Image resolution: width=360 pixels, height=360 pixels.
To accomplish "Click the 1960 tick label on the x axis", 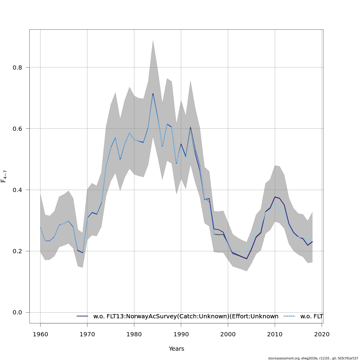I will coord(40,334).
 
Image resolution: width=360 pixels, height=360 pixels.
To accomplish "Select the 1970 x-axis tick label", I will coord(87,334).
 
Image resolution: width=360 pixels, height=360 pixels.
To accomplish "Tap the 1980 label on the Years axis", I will coord(134,334).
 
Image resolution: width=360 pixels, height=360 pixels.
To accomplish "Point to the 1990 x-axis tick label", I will coord(181,334).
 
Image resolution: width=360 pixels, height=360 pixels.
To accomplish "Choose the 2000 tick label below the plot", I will coord(228,334).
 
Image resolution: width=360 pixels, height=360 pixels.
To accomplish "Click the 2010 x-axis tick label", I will coord(275,334).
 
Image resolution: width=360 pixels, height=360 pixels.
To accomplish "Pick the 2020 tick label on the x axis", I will coord(322,334).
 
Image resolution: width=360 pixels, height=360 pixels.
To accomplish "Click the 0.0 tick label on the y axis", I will coord(17,312).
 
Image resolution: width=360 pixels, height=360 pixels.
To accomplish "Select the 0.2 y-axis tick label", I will coord(17,251).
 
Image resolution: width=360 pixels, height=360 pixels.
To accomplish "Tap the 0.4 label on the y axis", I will coord(17,190).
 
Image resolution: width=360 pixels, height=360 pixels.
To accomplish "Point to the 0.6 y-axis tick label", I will coord(17,129).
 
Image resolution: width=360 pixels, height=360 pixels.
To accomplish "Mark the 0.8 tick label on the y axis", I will coord(17,67).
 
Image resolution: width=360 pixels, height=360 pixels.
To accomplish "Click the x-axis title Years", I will coord(176,349).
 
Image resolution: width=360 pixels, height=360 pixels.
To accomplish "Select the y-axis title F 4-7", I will coord(4,176).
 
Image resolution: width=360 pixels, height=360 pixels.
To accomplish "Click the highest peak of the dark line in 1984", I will coord(153,94).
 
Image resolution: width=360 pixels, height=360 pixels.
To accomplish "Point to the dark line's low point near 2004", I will coord(247,259).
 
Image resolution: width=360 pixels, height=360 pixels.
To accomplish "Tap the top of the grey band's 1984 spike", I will coord(153,40).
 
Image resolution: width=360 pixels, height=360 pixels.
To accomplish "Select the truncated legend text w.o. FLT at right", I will coord(311,316).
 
